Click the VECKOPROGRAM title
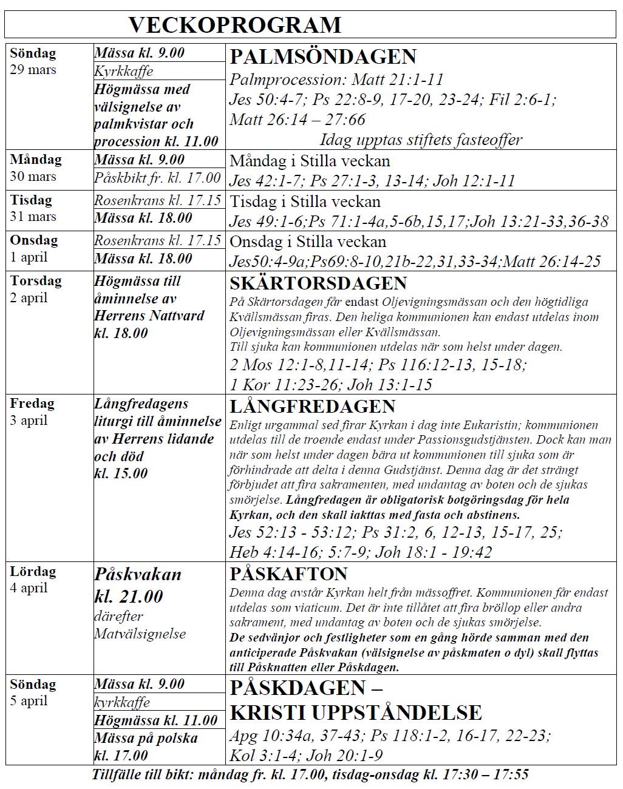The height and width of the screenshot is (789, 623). point(235,25)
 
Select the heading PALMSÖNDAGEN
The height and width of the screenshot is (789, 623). point(323,57)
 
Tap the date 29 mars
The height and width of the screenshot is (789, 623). point(33,70)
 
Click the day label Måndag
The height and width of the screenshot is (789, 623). point(35,160)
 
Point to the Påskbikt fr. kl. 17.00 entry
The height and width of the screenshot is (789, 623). point(157,178)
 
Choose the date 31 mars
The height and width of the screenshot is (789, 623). point(33,217)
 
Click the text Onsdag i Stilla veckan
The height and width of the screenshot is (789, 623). point(308,242)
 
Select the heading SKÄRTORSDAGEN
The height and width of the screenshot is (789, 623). point(318,283)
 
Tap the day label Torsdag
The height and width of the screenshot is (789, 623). point(35,281)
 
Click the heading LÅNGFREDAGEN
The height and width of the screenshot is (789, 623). point(312,406)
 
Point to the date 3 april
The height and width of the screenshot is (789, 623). point(29,421)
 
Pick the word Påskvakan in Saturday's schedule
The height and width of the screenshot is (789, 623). point(138,574)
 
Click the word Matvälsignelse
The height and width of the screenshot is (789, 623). point(140,634)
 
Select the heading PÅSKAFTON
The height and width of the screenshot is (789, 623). point(288,574)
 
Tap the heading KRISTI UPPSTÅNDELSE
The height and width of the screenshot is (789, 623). point(356,712)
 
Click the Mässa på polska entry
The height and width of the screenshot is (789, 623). point(146,739)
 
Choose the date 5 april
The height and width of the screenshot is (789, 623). point(29,701)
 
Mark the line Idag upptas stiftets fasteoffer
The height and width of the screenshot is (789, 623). point(421,140)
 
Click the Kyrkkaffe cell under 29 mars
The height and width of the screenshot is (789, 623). point(124,71)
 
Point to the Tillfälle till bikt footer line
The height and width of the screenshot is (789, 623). point(310,774)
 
